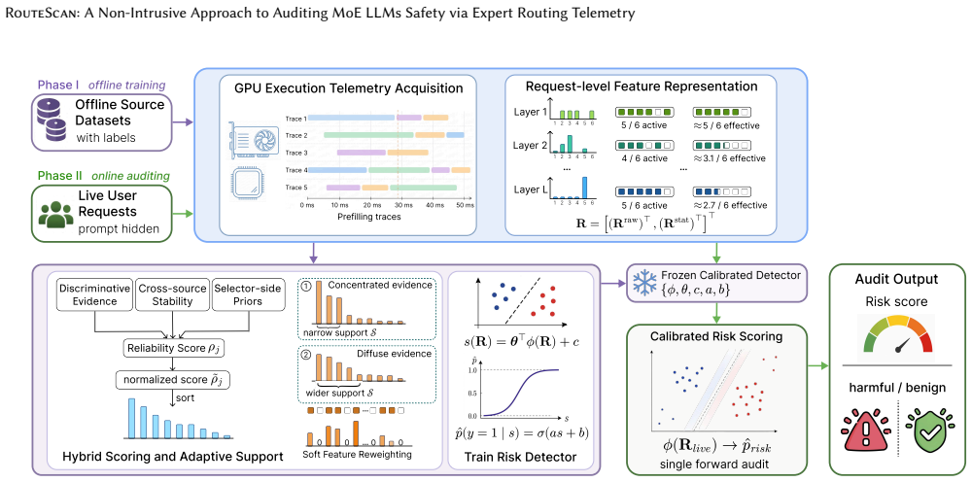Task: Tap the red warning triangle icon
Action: click(x=864, y=430)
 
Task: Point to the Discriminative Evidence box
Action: click(x=93, y=294)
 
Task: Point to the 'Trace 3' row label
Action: click(x=296, y=152)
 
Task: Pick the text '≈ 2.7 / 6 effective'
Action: click(x=729, y=205)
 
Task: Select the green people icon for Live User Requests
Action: click(x=55, y=213)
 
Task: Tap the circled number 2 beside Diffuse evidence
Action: click(x=305, y=354)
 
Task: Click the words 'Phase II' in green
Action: click(x=60, y=175)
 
